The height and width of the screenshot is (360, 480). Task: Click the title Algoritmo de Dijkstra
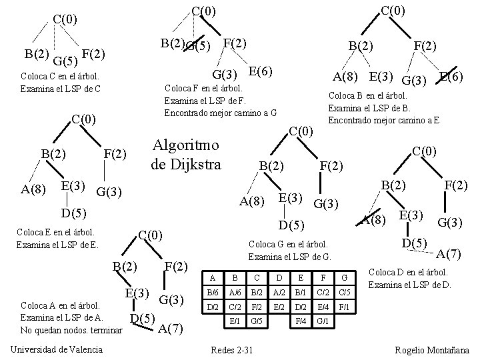pyautogui.click(x=186, y=154)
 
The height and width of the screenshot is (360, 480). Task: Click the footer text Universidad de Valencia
pyautogui.click(x=57, y=349)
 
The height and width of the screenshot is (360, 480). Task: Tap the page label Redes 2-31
pyautogui.click(x=231, y=349)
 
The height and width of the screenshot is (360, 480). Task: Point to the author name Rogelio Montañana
pyautogui.click(x=431, y=349)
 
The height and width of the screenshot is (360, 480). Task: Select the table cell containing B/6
pyautogui.click(x=213, y=292)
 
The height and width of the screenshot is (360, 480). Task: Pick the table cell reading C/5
pyautogui.click(x=344, y=292)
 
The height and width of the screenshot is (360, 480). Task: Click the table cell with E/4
pyautogui.click(x=322, y=307)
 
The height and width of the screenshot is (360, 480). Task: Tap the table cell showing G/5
pyautogui.click(x=257, y=321)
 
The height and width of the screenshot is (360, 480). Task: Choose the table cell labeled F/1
pyautogui.click(x=344, y=307)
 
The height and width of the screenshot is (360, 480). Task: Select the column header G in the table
pyautogui.click(x=344, y=277)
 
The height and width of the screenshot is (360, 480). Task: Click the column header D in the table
pyautogui.click(x=278, y=277)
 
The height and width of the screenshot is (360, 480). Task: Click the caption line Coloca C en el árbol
pyautogui.click(x=59, y=76)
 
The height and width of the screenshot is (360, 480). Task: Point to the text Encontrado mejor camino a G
pyautogui.click(x=220, y=112)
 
